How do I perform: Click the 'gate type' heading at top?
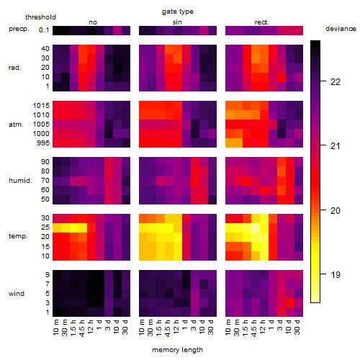[178, 12]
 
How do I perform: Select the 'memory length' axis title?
[177, 350]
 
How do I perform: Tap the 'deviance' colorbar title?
[341, 29]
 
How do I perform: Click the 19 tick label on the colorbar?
[336, 274]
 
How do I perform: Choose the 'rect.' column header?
[261, 22]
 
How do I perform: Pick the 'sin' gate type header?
[177, 22]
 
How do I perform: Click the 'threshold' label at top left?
[40, 17]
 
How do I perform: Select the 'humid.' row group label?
[20, 181]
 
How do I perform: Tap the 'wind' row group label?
[17, 294]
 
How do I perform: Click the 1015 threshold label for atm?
[41, 105]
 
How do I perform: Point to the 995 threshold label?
[43, 143]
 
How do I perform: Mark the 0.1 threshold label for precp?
[44, 30]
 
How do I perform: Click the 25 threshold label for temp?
[45, 227]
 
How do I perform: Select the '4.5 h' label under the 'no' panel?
[81, 328]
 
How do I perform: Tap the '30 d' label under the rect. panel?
[297, 328]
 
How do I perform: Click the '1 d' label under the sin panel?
[185, 325]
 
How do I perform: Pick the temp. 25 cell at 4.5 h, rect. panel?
[256, 228]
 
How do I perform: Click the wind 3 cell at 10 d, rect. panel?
[290, 303]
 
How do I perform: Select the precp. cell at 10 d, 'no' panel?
[117, 31]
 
